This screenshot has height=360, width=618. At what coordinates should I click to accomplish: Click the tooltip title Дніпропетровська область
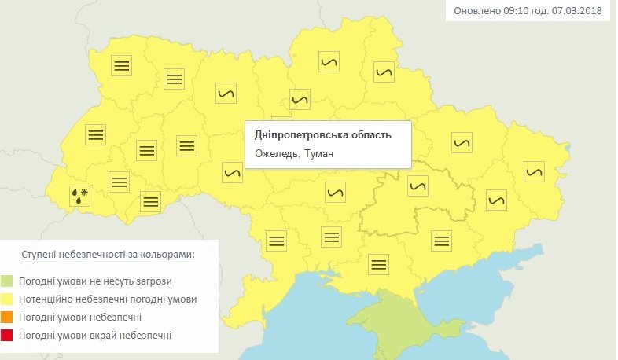pyautogui.click(x=322, y=135)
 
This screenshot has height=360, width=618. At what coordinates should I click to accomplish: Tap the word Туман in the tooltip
pyautogui.click(x=318, y=154)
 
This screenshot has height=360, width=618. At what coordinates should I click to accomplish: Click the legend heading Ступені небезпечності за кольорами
pyautogui.click(x=109, y=255)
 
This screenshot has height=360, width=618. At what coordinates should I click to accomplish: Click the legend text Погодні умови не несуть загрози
pyautogui.click(x=97, y=281)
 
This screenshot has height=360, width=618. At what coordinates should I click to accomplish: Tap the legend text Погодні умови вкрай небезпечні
pyautogui.click(x=97, y=336)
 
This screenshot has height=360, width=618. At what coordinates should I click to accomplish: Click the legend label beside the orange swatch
pyautogui.click(x=82, y=318)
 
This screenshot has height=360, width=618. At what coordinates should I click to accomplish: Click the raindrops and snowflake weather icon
pyautogui.click(x=80, y=195)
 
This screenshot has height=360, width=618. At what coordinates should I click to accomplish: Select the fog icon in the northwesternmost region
pyautogui.click(x=121, y=66)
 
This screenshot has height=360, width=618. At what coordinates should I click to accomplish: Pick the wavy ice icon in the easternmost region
pyautogui.click(x=535, y=171)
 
